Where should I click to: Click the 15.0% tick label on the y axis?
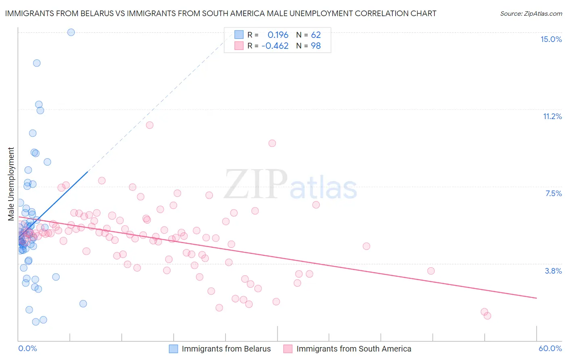coord(551,39)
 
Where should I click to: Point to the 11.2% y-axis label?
coord(552,117)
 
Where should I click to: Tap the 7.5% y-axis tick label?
coord(553,194)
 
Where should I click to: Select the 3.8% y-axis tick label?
coord(553,271)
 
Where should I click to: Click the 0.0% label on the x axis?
coord(27,349)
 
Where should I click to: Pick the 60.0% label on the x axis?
coord(550,349)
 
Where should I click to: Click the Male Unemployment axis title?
coord(11,184)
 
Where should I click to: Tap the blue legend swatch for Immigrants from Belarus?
coord(173,349)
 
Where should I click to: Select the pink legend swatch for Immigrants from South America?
coord(288,349)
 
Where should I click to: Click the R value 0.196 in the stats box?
coord(278,35)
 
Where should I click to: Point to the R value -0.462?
coord(275,46)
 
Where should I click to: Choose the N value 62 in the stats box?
coord(316,35)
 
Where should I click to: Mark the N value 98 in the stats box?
coord(316,46)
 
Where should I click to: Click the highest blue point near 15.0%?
coord(71,32)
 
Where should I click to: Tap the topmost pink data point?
coord(150,125)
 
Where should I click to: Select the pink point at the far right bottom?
coord(487,316)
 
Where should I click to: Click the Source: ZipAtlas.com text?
coord(531,14)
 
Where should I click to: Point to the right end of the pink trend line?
coord(536,298)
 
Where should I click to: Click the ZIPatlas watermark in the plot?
coord(291,184)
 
